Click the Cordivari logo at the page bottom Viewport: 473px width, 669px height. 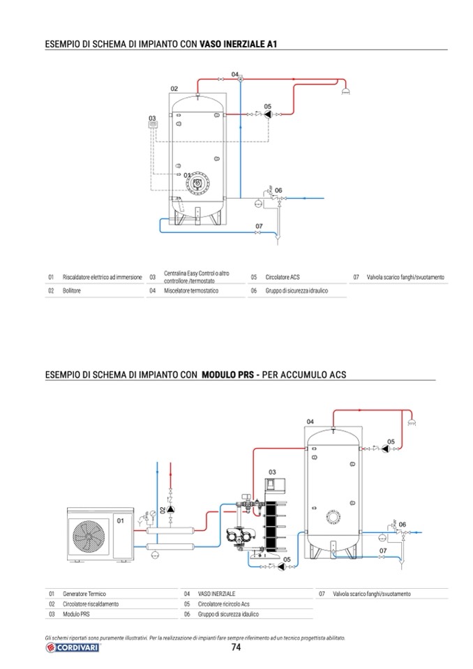(x=72, y=647)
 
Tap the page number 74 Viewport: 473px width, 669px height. (x=236, y=647)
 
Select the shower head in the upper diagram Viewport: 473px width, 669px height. (x=346, y=91)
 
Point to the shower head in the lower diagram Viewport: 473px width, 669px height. (x=412, y=422)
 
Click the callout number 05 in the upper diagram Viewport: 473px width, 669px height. (x=267, y=106)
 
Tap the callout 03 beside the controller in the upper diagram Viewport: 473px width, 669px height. (x=152, y=118)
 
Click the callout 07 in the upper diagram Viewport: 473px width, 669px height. (x=259, y=226)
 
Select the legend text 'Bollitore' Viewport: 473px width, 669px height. (x=72, y=291)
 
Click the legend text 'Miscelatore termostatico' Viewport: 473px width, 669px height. (x=191, y=291)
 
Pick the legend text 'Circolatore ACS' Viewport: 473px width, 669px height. (x=283, y=277)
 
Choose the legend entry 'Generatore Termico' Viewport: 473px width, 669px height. (x=84, y=594)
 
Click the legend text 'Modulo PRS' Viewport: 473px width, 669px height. (x=76, y=614)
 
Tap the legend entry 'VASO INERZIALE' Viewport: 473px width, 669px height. (x=216, y=594)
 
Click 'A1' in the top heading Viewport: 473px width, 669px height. (x=272, y=44)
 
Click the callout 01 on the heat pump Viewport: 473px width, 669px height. (x=120, y=520)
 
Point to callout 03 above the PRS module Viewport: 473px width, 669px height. (x=272, y=472)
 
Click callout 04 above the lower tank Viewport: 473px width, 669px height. (x=310, y=421)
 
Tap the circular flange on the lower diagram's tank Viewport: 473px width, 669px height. (x=333, y=517)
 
